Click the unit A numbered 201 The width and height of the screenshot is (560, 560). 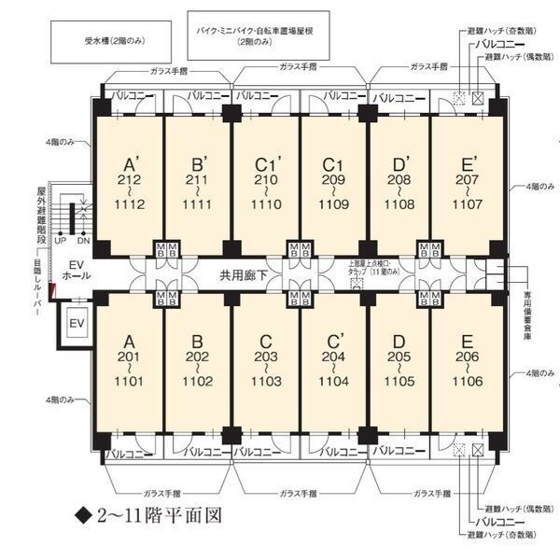click(x=130, y=364)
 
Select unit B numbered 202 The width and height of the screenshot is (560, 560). click(x=197, y=364)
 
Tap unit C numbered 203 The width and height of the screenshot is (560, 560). click(x=266, y=364)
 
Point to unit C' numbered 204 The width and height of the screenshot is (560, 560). click(x=334, y=364)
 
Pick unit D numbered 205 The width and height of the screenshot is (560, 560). click(x=399, y=364)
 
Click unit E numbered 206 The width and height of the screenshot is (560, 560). click(x=466, y=364)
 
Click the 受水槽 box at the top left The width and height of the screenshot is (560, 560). click(x=109, y=41)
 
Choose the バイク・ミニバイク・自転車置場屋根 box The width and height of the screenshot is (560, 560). click(x=255, y=36)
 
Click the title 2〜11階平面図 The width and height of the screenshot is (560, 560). click(x=149, y=514)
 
